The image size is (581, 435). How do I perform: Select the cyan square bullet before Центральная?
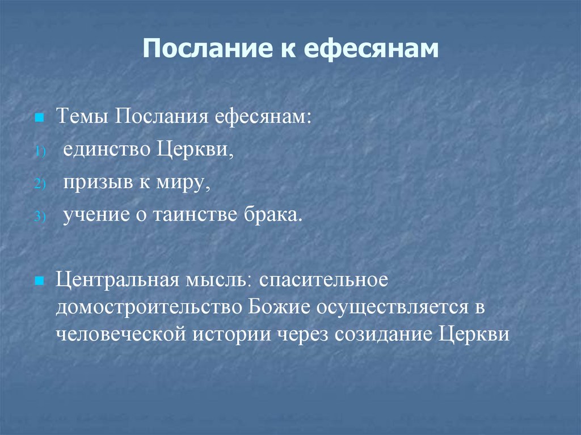tap(39, 281)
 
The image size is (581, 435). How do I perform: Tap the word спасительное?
tap(325, 280)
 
